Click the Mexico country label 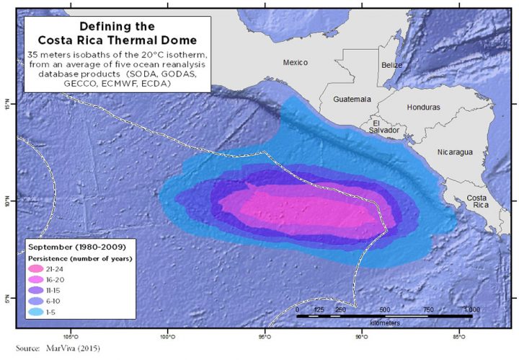tap(296, 62)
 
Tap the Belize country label tap(391, 65)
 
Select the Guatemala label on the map tap(352, 98)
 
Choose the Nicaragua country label tap(454, 152)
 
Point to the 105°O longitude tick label tap(71, 335)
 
